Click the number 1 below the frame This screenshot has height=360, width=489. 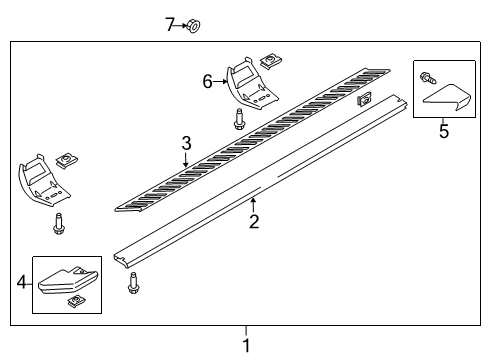246,345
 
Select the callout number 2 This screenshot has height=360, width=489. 254,221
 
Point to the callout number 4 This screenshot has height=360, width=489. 22,284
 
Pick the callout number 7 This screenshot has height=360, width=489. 169,24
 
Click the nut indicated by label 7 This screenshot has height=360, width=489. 193,25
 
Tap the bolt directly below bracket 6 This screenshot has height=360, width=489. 239,120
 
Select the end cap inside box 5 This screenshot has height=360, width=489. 449,97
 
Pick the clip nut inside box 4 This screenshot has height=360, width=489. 74,301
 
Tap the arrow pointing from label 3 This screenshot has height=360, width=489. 185,159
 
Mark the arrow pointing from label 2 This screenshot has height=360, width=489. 253,204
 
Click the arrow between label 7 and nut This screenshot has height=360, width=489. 181,25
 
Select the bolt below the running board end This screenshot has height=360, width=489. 132,285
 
